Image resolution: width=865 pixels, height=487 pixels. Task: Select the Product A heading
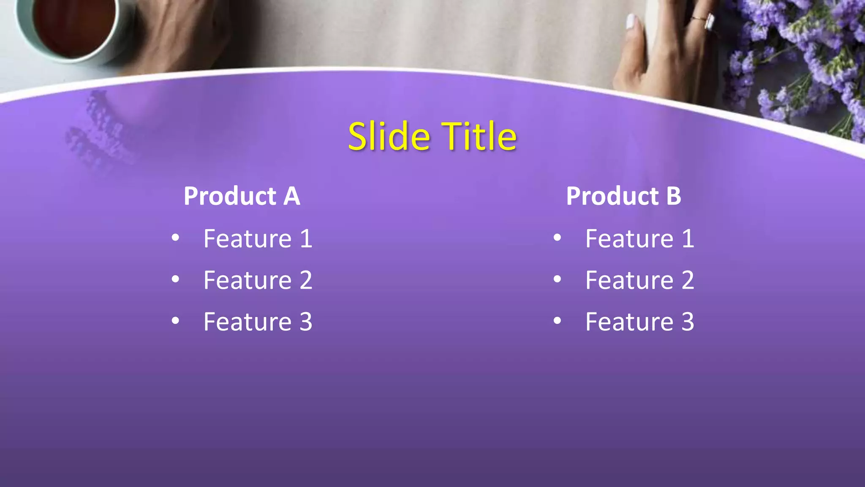(x=242, y=196)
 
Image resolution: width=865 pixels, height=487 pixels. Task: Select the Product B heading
(x=623, y=196)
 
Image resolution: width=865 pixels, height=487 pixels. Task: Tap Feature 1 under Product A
(x=258, y=239)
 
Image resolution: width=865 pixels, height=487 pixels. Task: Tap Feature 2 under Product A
(x=258, y=280)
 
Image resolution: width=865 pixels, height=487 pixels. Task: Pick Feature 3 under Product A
(x=258, y=322)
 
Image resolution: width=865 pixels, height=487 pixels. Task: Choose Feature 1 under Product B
(x=639, y=239)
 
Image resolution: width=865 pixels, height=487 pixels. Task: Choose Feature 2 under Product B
(x=639, y=280)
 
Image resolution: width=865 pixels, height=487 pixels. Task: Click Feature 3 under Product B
(x=639, y=322)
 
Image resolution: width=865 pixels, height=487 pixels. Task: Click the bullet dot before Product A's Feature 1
(x=175, y=238)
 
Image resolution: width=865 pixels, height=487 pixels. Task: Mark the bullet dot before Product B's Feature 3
(x=557, y=321)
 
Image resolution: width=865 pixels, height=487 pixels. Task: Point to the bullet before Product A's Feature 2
(x=175, y=279)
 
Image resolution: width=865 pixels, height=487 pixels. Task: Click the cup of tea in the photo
(x=72, y=25)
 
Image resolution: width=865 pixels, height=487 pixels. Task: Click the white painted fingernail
(x=631, y=21)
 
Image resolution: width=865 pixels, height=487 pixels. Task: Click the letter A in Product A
(x=291, y=196)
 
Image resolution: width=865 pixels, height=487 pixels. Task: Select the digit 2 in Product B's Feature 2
(x=688, y=280)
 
